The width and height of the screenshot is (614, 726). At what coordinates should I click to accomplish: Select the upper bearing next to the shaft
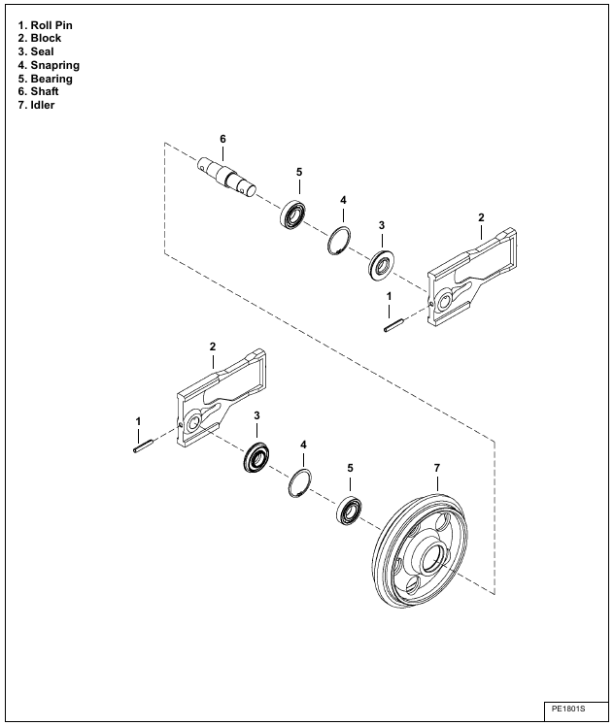[x=293, y=214]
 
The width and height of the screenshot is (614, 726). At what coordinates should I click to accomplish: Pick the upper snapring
[x=337, y=240]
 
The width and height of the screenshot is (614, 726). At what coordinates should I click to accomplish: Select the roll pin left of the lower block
[x=142, y=446]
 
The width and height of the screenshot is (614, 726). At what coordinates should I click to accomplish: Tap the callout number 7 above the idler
[x=437, y=469]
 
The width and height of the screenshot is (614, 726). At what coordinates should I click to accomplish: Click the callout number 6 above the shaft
[x=222, y=140]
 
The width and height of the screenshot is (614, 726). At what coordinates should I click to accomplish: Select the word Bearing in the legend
[x=45, y=79]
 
